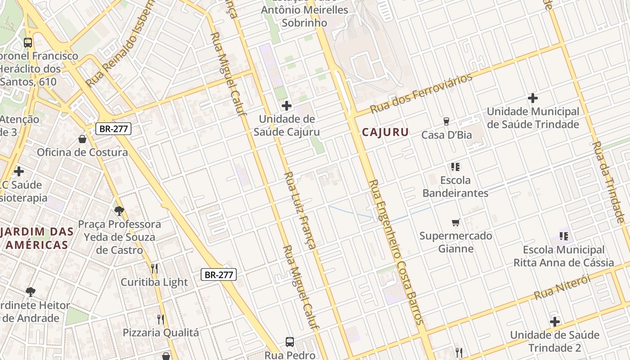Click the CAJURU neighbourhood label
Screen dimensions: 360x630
(385, 132)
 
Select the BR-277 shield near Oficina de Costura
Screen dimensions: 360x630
(114, 129)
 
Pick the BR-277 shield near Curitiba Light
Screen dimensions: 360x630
(219, 274)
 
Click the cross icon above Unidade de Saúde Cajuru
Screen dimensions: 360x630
(286, 106)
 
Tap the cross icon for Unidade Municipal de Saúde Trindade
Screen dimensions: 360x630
(533, 98)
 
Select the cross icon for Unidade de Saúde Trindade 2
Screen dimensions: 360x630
(555, 322)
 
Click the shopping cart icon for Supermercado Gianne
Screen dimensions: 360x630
(456, 222)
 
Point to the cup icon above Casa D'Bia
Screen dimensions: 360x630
(446, 121)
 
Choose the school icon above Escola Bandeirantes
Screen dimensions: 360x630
(455, 167)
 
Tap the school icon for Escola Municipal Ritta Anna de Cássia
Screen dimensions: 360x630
(563, 236)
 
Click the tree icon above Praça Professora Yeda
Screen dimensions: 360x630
(119, 211)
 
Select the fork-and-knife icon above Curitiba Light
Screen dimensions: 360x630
(154, 269)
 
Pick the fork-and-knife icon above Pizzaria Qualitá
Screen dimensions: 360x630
(160, 319)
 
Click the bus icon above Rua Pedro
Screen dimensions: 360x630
(290, 342)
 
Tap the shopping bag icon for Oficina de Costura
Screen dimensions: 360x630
(82, 139)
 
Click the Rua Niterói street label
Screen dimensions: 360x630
(562, 288)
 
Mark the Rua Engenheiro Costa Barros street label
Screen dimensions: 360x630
(396, 252)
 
